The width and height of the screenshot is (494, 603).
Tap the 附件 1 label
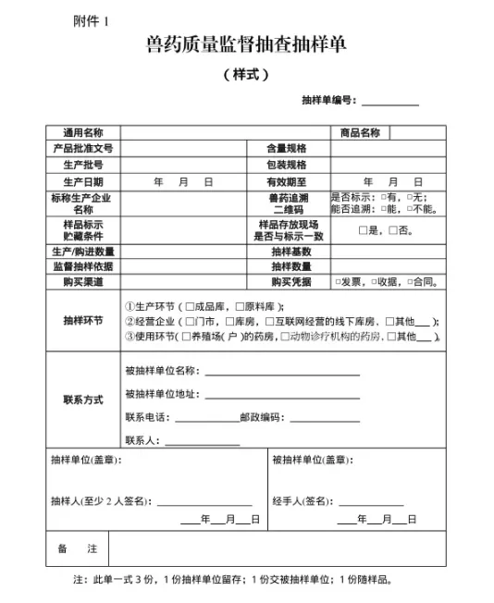[90, 20]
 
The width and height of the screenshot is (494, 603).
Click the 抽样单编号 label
[329, 101]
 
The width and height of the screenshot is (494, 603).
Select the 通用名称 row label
[82, 133]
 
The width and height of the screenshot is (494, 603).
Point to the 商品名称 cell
[360, 133]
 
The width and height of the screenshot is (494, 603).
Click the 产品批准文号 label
[82, 148]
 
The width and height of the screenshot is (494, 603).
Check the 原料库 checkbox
[239, 307]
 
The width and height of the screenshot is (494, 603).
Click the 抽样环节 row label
[82, 321]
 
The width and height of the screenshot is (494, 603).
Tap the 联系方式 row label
[82, 400]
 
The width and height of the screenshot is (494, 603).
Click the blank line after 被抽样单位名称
[281, 374]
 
